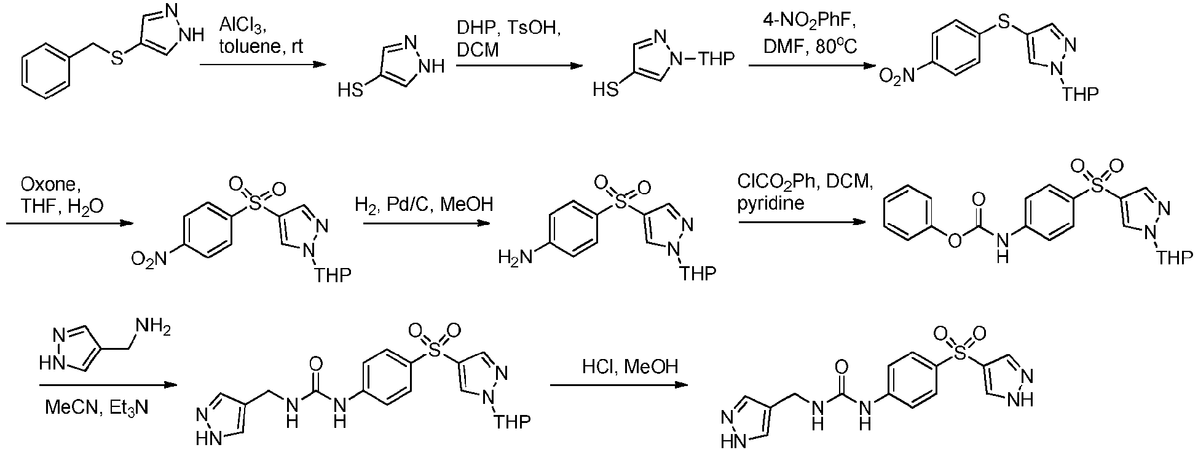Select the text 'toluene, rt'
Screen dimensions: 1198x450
pyautogui.click(x=261, y=47)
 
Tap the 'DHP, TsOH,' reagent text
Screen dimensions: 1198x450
pyautogui.click(x=508, y=28)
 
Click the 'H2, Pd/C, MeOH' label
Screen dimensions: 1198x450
pyautogui.click(x=424, y=204)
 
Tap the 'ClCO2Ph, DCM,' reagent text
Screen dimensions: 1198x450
pyautogui.click(x=805, y=182)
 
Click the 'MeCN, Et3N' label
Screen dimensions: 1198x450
pyautogui.click(x=97, y=407)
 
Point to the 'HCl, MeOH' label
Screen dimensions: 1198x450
pyautogui.click(x=630, y=367)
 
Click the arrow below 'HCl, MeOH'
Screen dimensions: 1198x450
pyautogui.click(x=619, y=385)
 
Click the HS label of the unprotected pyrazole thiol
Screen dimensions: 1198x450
pyautogui.click(x=350, y=91)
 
